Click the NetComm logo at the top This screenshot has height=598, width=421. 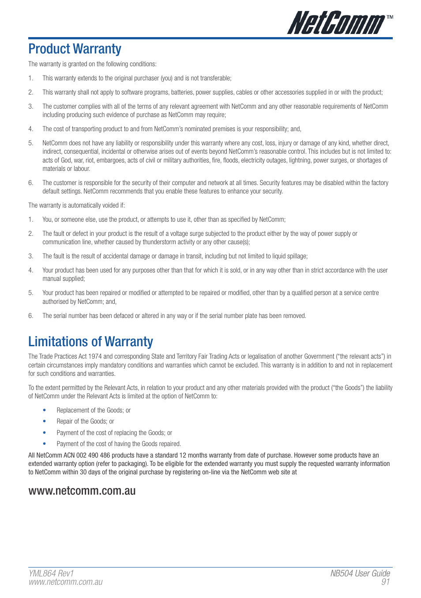point(336,23)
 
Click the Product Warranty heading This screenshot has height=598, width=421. point(75,49)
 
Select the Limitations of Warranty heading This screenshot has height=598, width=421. point(90,341)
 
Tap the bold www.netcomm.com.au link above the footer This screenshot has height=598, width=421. point(82,491)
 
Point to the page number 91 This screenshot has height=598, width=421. point(386,582)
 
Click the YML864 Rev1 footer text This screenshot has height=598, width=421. point(51,573)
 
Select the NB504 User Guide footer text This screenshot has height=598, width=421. point(360,573)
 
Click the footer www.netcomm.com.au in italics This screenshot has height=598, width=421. point(65,582)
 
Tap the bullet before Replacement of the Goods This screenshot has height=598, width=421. point(45,410)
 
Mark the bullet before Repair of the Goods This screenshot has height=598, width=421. point(45,421)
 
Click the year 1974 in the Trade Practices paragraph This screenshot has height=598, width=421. point(95,356)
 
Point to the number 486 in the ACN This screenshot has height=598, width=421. point(105,455)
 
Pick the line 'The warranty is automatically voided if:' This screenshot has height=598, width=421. point(77,205)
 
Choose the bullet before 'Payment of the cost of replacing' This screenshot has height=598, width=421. point(45,433)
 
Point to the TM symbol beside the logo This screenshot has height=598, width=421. point(390,17)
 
